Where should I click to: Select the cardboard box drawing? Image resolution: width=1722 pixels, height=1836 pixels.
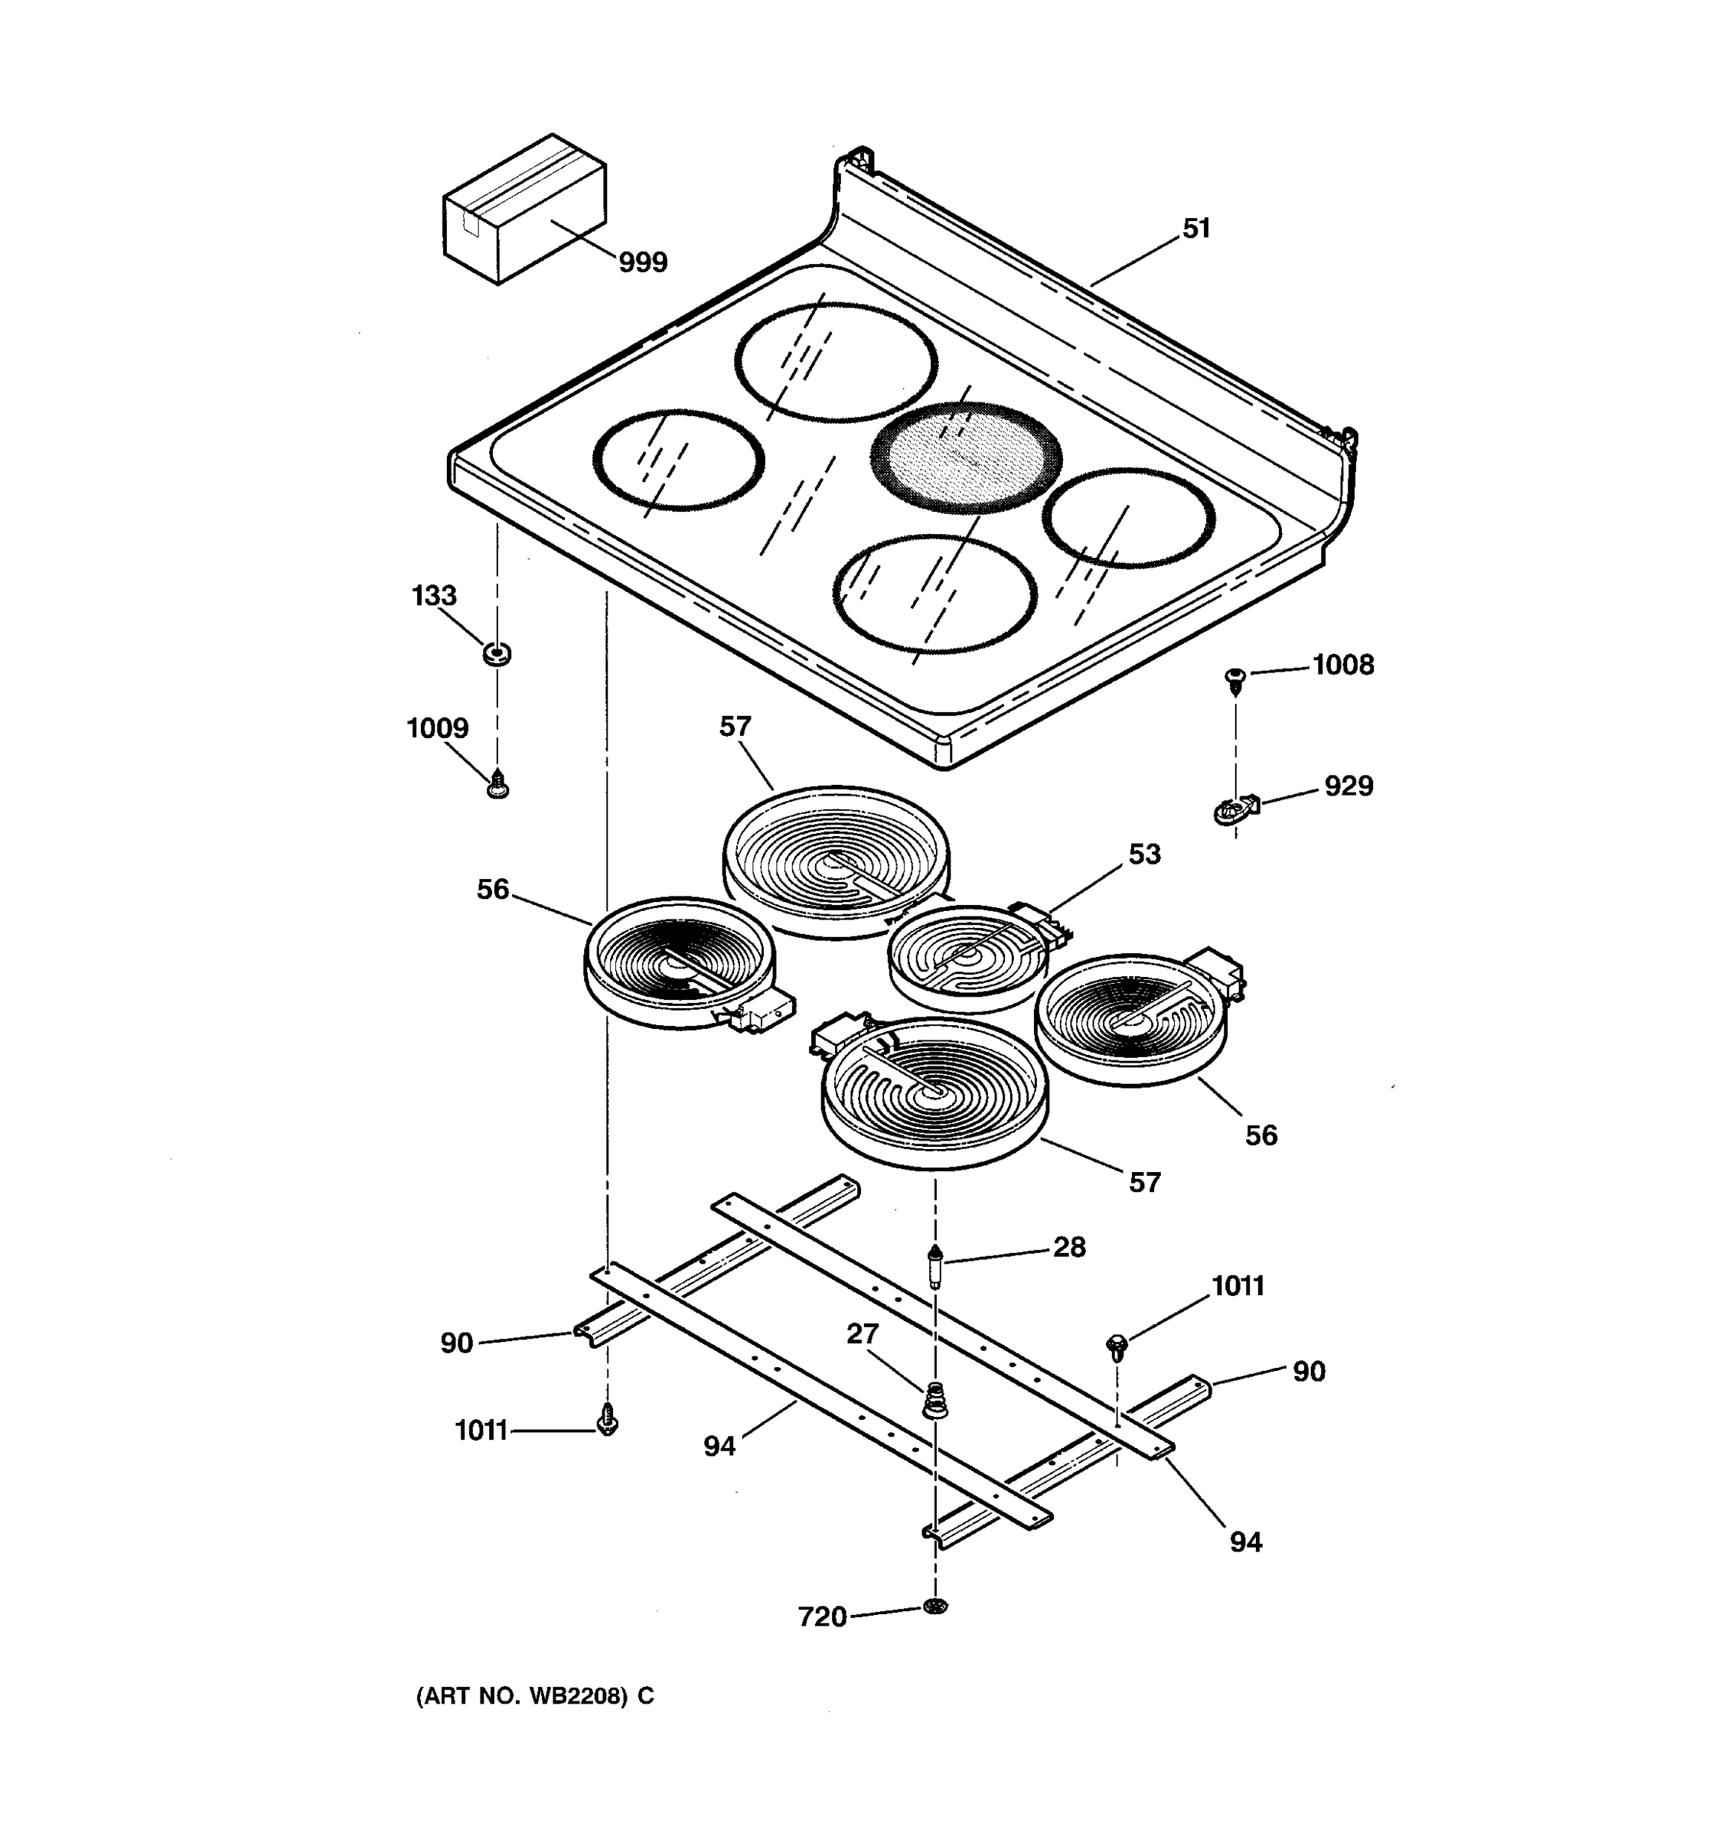[525, 209]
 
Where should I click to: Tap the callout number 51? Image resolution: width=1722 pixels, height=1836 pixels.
[1196, 228]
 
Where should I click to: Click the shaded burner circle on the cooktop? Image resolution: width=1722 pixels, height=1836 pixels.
[967, 457]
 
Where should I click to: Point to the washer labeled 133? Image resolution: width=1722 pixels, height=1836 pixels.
[497, 654]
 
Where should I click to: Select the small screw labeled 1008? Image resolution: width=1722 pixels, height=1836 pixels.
[1234, 680]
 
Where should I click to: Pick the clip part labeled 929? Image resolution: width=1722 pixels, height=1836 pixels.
[1236, 810]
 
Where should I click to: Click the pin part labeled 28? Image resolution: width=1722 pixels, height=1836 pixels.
[936, 1267]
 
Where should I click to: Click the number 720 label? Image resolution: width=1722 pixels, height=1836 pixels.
[822, 1617]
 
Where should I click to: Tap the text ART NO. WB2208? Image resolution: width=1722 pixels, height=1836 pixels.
[534, 1695]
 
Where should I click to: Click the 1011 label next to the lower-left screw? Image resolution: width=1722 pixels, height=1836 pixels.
[481, 1431]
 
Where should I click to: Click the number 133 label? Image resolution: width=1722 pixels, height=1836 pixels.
[433, 596]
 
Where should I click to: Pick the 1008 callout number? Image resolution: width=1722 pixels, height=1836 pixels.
[1343, 665]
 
